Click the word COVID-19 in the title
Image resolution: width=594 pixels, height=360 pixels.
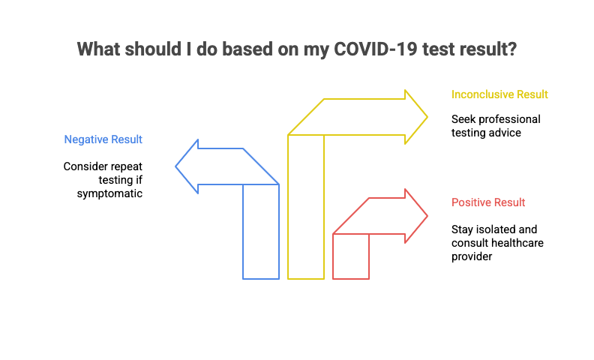[x=375, y=49]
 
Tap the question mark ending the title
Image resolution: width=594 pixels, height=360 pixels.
[x=511, y=49]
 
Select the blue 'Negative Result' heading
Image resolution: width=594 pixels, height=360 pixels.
[x=103, y=139]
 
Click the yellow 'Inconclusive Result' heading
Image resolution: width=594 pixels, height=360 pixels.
[x=499, y=94]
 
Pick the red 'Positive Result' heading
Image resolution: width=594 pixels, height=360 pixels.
[x=488, y=202]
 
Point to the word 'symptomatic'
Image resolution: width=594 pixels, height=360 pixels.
[x=109, y=193]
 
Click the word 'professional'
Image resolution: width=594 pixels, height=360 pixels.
[x=509, y=119]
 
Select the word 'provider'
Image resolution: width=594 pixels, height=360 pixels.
[x=472, y=256]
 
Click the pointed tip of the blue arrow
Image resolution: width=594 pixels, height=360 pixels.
[x=175, y=166]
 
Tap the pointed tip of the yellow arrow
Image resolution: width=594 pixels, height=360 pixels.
[x=427, y=117]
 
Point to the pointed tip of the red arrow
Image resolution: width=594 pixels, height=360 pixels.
[x=427, y=216]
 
